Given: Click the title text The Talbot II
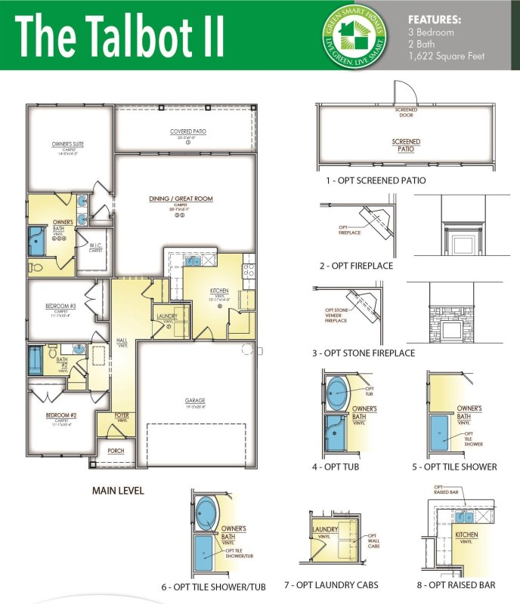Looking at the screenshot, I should tap(119, 35).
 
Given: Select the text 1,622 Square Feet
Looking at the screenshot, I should tap(447, 56).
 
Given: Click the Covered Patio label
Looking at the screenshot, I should tap(188, 131).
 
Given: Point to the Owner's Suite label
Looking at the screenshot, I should tap(67, 143).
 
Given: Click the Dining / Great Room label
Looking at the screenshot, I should tap(181, 199).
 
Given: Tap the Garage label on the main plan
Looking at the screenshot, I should tap(194, 401).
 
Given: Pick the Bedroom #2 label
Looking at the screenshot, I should tap(61, 415).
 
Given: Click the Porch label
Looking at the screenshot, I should tap(116, 451).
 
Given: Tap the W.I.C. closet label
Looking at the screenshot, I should tap(95, 245).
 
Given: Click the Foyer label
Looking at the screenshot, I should tap(122, 415).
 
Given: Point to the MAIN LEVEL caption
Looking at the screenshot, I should tap(118, 491).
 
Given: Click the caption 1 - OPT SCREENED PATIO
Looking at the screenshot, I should tap(376, 180).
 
